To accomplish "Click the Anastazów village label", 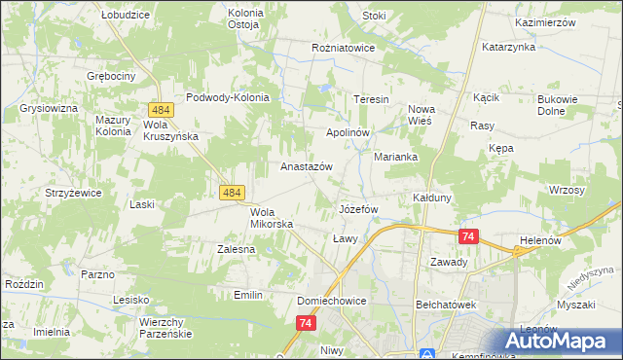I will pos(307,166).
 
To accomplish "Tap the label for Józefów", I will pos(357,209).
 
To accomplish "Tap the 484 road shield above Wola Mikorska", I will pos(231,194).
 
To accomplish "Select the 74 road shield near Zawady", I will pos(469,236).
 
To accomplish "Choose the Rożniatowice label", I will pos(344,46).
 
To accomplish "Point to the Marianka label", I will pos(396,157).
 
